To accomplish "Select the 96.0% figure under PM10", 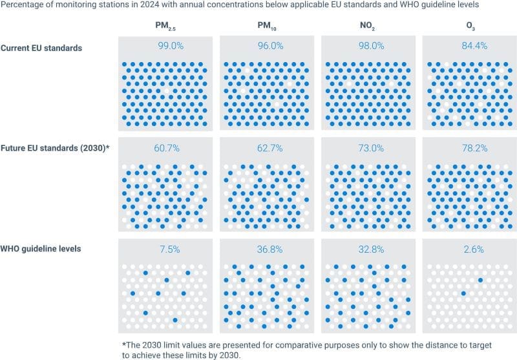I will pyautogui.click(x=267, y=47).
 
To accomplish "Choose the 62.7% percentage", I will pyautogui.click(x=267, y=149).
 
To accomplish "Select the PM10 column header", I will pyautogui.click(x=267, y=26).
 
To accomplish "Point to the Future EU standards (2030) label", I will pyautogui.click(x=54, y=148).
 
